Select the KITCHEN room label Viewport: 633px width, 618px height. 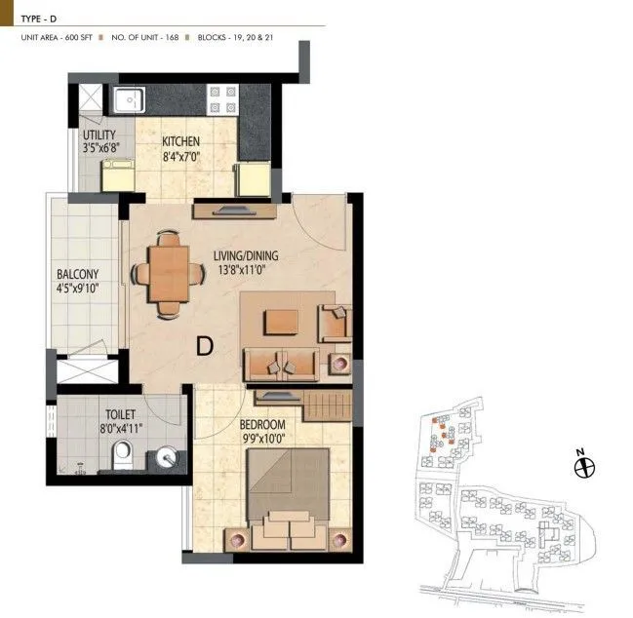click(x=181, y=142)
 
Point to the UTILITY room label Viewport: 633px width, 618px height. click(x=99, y=135)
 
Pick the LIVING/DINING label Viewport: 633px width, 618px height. click(x=247, y=256)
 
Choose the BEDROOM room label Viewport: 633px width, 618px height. click(x=262, y=425)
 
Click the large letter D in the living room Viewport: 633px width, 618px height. click(x=205, y=345)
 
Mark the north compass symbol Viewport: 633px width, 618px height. click(x=584, y=468)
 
